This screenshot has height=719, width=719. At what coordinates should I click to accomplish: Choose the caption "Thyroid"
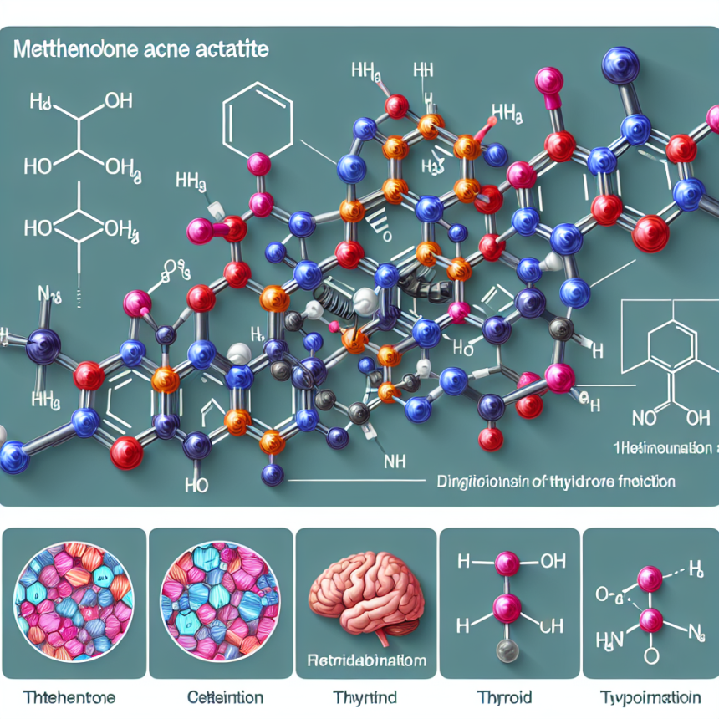click(508, 696)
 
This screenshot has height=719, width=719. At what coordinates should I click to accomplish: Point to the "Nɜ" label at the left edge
click(48, 293)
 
